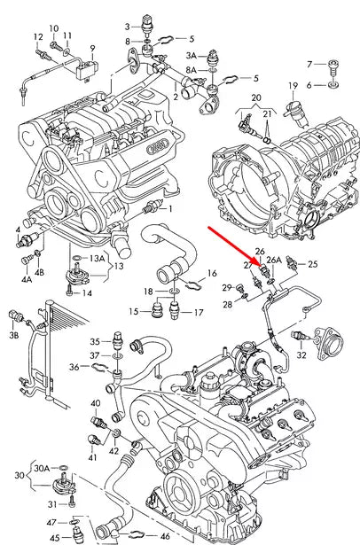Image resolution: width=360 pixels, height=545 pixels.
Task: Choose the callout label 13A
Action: (98, 258)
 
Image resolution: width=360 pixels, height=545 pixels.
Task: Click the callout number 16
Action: (212, 273)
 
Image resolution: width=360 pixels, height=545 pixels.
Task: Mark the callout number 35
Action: (94, 341)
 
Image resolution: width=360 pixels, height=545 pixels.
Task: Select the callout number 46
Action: (165, 537)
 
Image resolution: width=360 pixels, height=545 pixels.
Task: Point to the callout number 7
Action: (309, 64)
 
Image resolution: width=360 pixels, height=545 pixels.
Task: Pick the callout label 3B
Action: (13, 337)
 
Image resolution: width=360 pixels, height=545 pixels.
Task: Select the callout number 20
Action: (254, 97)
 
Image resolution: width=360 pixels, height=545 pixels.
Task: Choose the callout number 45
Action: (53, 537)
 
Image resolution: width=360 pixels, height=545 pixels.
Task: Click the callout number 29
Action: (228, 287)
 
